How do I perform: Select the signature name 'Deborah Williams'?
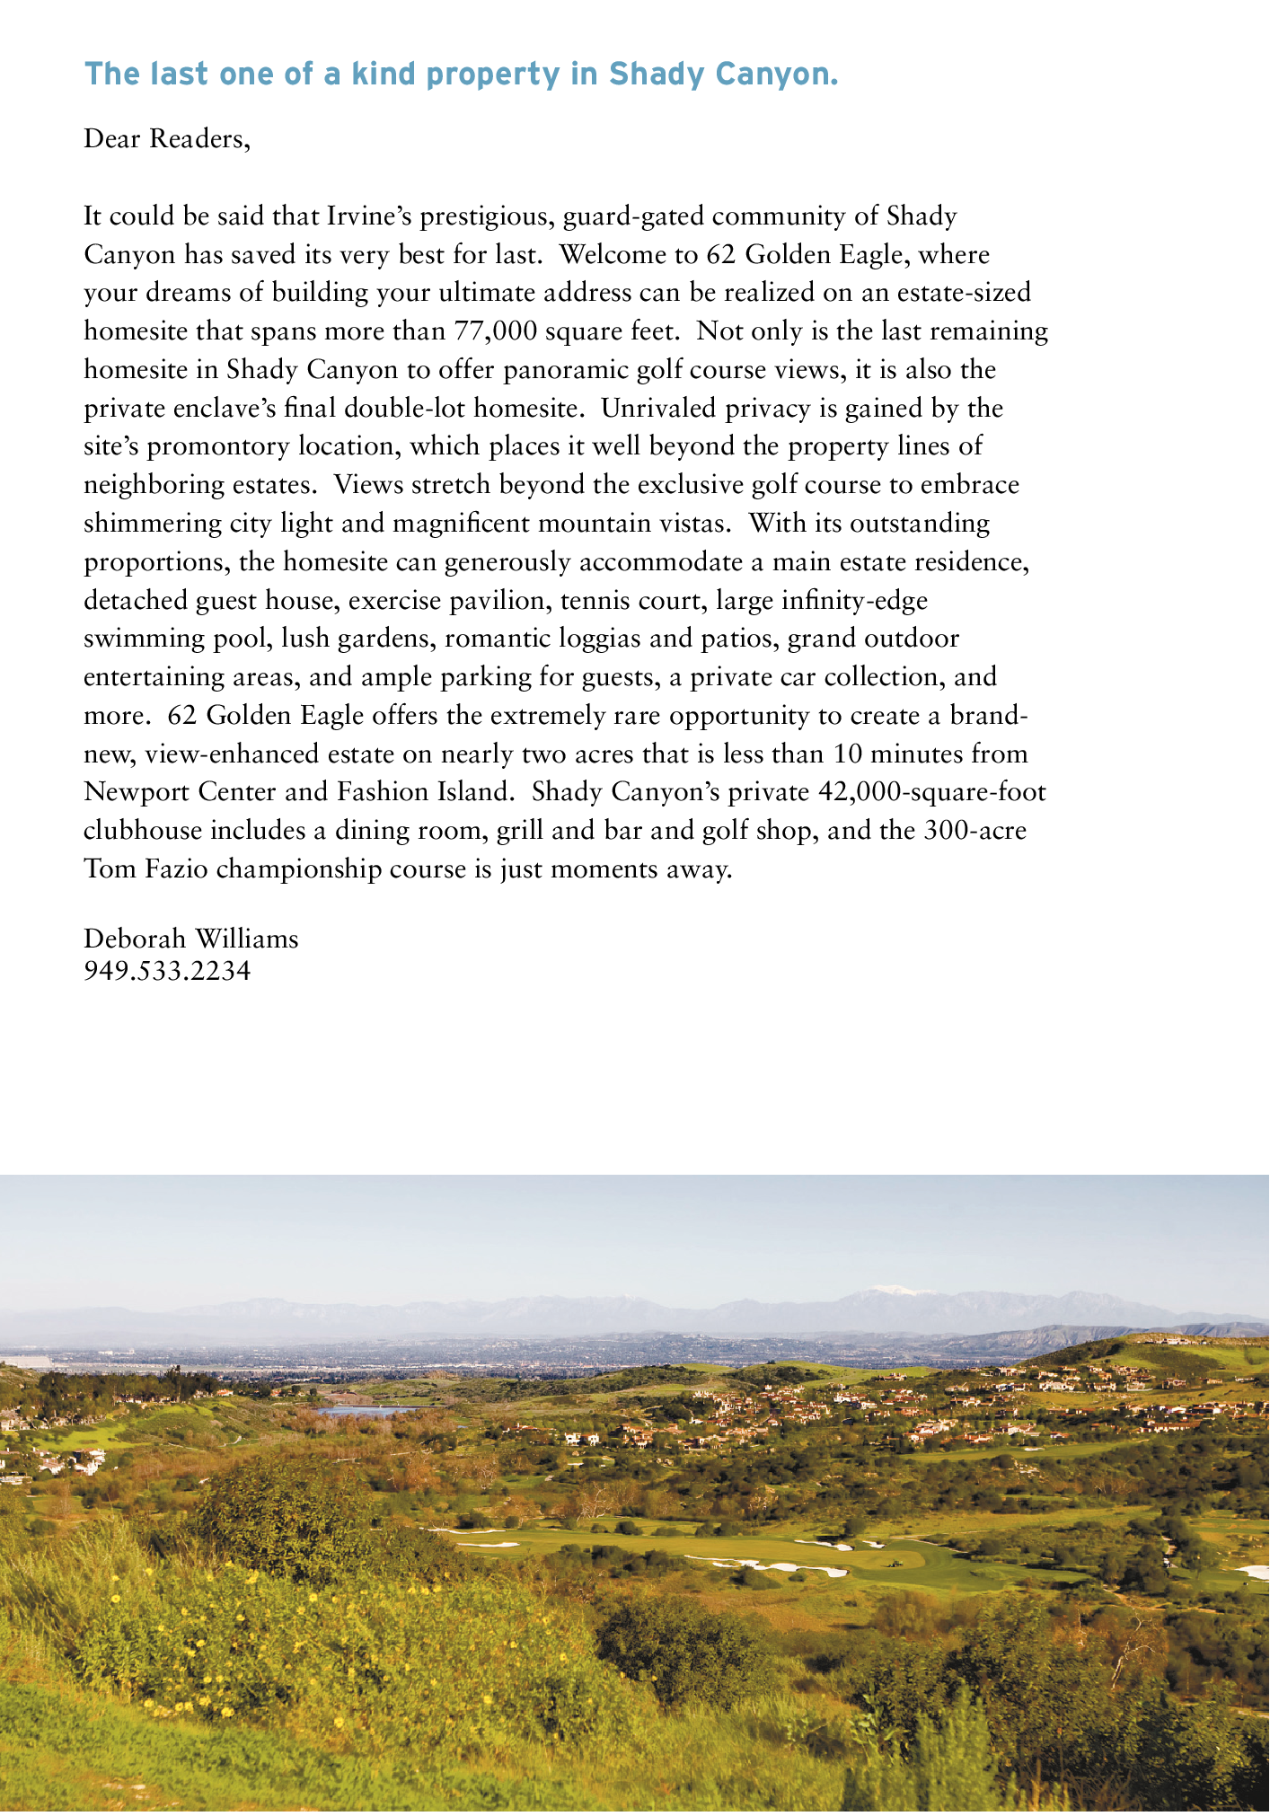[190, 939]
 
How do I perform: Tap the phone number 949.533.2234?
[167, 971]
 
